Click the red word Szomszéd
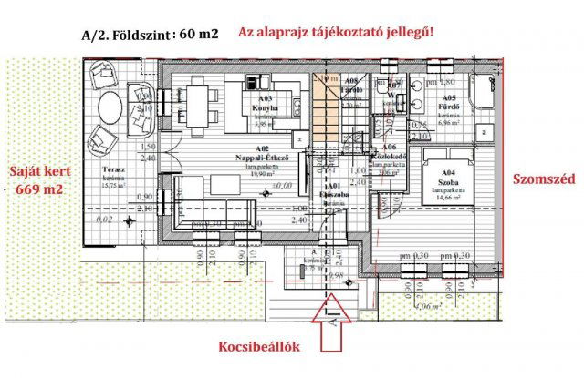coord(544,179)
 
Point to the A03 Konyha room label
coord(265,103)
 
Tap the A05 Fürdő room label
coord(448,103)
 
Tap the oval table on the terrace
coord(107,108)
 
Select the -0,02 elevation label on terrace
coord(104,220)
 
